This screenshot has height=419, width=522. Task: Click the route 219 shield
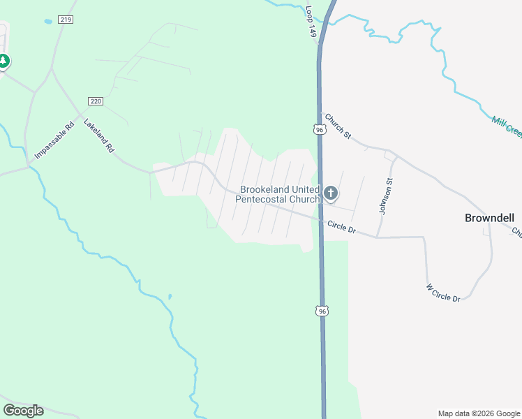pyautogui.click(x=66, y=20)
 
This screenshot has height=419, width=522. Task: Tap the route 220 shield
pyautogui.click(x=96, y=101)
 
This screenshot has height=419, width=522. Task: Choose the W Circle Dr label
pyautogui.click(x=443, y=293)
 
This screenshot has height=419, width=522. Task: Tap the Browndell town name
pyautogui.click(x=489, y=218)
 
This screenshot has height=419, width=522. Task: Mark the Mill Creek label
pyautogui.click(x=506, y=126)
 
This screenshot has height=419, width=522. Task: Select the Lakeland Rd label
pyautogui.click(x=98, y=135)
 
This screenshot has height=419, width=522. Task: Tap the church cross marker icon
pyautogui.click(x=331, y=193)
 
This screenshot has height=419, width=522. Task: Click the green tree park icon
pyautogui.click(x=3, y=61)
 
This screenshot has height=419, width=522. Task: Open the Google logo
pyautogui.click(x=23, y=411)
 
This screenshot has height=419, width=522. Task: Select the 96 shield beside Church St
pyautogui.click(x=319, y=130)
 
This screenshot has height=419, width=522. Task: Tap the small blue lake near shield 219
pyautogui.click(x=47, y=22)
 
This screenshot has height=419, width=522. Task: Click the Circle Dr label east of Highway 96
pyautogui.click(x=341, y=228)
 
